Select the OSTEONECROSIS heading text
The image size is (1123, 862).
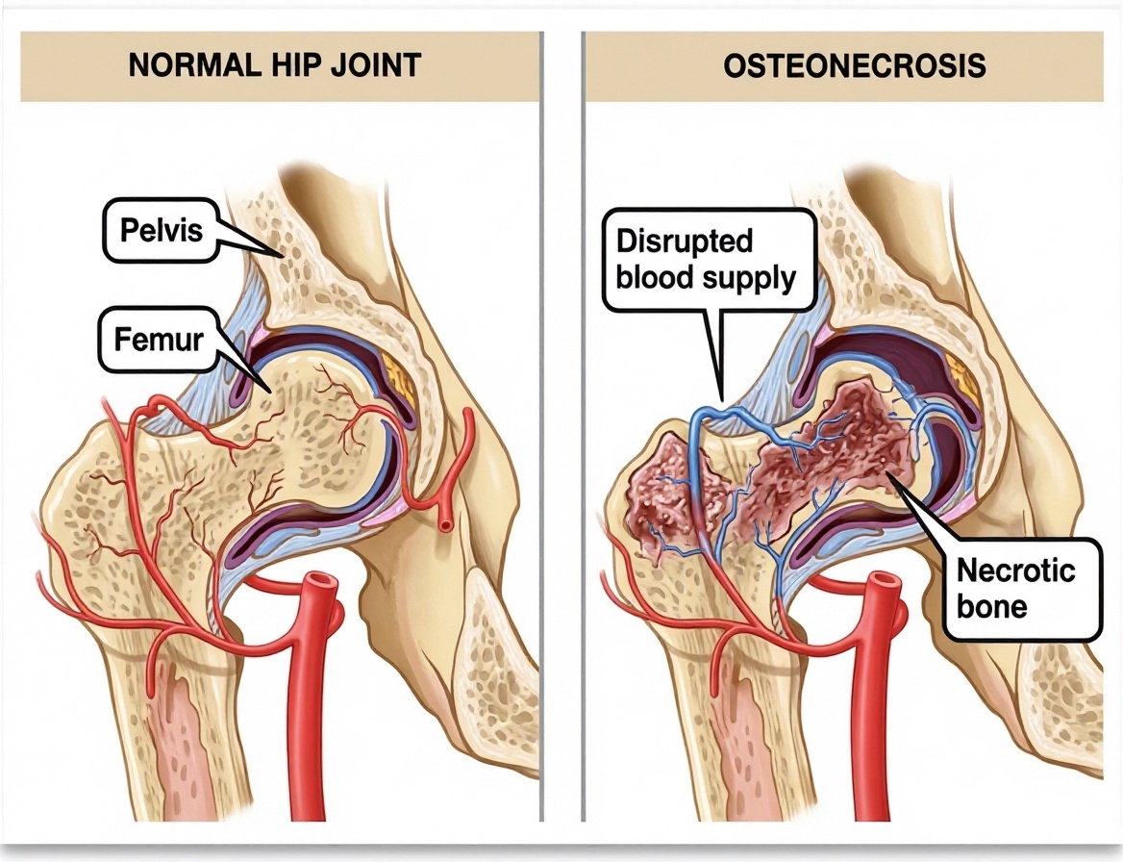tap(855, 66)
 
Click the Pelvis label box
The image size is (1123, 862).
tap(162, 230)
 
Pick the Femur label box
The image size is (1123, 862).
tap(159, 340)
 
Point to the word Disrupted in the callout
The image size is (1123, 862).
tap(684, 241)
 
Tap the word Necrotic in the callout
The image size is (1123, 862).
tap(1015, 570)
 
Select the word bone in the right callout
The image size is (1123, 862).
tap(992, 607)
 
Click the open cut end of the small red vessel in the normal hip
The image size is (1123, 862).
tap(445, 526)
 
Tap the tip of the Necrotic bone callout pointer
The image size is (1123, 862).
tap(888, 473)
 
